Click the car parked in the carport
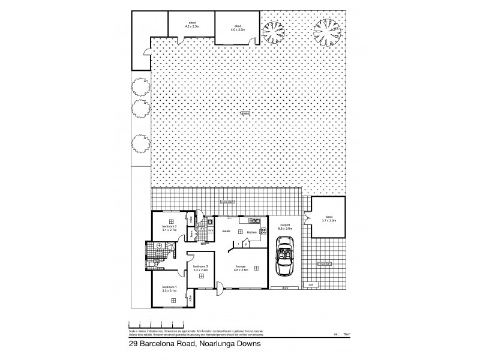283,261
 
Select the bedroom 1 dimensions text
169,292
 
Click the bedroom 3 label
200,266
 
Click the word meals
227,230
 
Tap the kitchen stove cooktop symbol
263,231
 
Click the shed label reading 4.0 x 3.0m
237,28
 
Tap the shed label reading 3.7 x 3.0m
329,220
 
